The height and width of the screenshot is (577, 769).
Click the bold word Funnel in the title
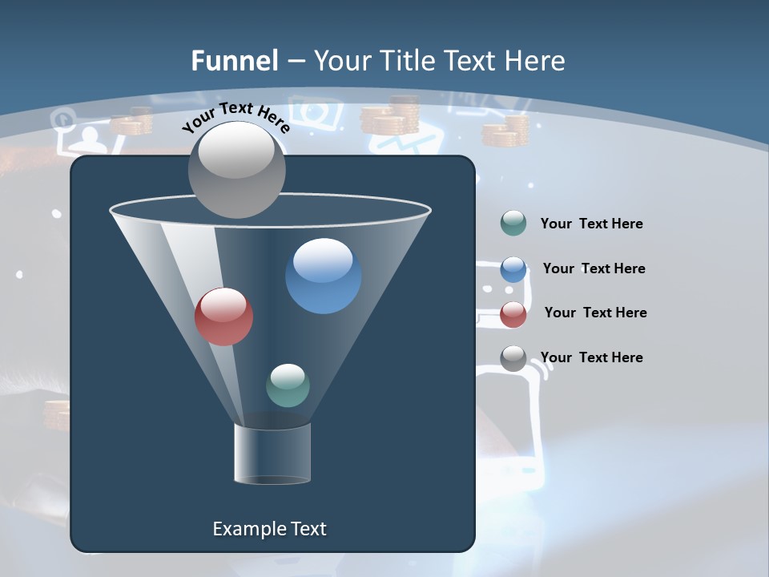tap(235, 60)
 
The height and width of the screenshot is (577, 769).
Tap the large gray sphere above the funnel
tap(237, 170)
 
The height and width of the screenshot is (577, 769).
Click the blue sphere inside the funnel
tap(323, 276)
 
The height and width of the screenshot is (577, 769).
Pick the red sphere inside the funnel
tap(224, 317)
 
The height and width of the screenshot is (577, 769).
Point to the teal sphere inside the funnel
tap(288, 385)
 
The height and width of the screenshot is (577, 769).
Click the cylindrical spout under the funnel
tap(272, 454)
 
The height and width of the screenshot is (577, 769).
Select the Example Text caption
tap(269, 529)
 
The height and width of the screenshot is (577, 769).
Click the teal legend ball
tap(513, 223)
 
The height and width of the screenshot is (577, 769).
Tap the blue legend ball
tap(513, 269)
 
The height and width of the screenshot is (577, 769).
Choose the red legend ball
tap(513, 314)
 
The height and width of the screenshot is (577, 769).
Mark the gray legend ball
tap(513, 358)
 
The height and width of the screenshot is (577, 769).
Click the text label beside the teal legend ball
tap(591, 224)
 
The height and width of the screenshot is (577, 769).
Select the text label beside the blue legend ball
tap(594, 268)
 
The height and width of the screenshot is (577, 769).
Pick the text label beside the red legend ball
tap(595, 313)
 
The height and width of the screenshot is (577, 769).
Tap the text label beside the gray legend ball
tap(591, 357)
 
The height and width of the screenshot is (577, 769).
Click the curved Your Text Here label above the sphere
tap(236, 116)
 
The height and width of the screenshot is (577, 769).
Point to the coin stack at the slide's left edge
tap(57, 415)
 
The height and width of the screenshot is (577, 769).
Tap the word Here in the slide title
tap(536, 60)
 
